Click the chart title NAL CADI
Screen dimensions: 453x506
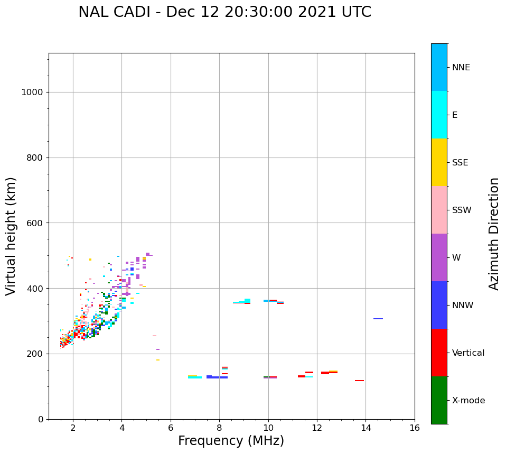click(224, 12)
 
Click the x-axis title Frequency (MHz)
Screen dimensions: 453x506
click(231, 441)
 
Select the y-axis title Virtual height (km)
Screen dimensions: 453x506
click(11, 236)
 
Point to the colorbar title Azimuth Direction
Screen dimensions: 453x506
click(494, 234)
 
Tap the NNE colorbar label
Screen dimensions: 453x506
click(461, 68)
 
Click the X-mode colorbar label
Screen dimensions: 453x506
click(468, 401)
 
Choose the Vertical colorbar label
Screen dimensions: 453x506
click(468, 353)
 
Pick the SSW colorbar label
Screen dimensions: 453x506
click(462, 210)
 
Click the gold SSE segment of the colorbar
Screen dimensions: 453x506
click(439, 162)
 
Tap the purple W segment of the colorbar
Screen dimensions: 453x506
click(439, 257)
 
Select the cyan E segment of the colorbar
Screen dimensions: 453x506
click(439, 115)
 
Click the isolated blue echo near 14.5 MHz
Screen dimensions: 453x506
click(378, 319)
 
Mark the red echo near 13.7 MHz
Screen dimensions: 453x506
click(359, 381)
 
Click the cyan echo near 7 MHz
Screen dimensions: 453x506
click(195, 377)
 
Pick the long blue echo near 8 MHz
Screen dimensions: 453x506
click(217, 377)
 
